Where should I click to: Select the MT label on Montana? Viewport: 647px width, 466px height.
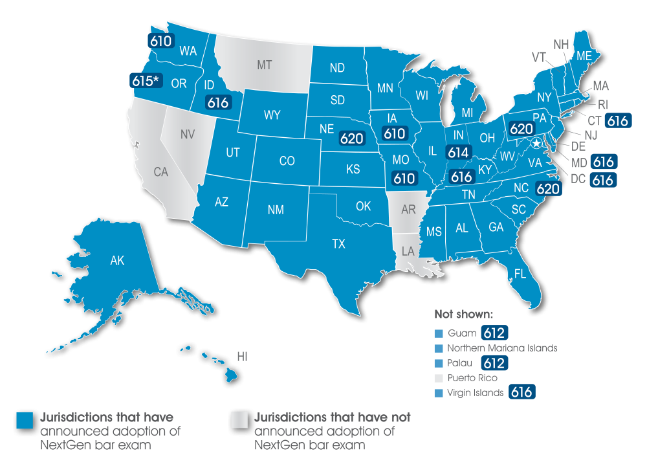264,65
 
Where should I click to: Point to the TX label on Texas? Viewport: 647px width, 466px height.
338,244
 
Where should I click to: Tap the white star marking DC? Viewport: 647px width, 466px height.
536,144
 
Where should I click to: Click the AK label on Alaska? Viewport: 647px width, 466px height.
117,261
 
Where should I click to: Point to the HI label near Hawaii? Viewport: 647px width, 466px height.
243,356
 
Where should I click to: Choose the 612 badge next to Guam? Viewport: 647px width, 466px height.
494,333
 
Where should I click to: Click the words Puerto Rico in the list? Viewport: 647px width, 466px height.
472,377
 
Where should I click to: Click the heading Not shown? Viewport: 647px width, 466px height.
464,315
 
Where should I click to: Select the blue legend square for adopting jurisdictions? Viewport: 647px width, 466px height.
25,420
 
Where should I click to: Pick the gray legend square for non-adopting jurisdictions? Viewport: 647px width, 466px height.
239,420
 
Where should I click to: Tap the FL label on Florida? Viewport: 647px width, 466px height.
520,274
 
